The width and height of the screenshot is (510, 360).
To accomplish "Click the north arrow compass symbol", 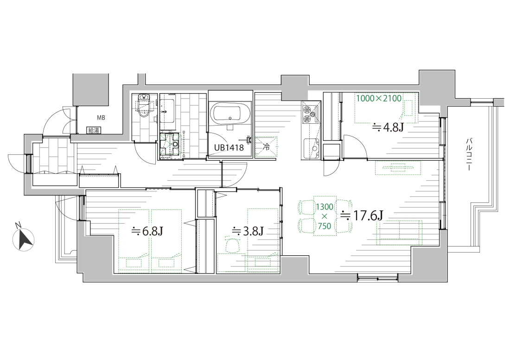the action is (23, 240).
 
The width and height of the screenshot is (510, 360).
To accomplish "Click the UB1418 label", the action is (229, 148).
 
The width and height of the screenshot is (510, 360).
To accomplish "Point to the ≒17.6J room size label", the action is (362, 215).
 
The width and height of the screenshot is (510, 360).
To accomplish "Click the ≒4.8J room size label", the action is (388, 127).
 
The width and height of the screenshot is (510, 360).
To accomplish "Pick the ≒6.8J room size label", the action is (147, 231).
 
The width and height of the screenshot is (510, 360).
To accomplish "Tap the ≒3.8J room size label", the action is (247, 231).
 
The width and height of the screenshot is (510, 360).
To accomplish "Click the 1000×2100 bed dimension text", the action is (379, 98).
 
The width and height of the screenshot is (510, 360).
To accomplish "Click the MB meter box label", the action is (101, 118).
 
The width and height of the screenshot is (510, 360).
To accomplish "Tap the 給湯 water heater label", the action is (94, 131).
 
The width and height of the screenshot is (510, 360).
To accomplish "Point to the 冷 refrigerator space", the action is (266, 147).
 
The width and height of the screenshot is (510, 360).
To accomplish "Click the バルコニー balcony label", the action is (469, 155).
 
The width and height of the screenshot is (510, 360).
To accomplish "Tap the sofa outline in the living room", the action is (399, 233).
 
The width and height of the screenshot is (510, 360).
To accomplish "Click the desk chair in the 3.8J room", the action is (233, 245).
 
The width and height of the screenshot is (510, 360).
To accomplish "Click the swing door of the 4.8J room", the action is (356, 147).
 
